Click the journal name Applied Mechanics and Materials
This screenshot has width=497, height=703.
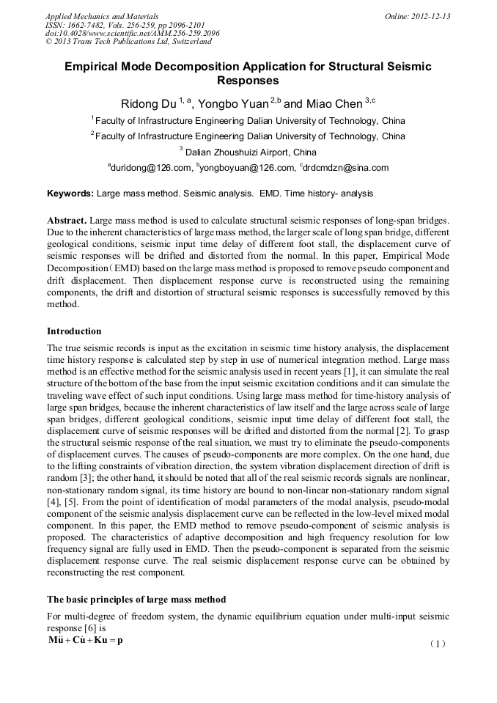click(102, 16)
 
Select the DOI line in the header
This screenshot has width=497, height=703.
click(132, 33)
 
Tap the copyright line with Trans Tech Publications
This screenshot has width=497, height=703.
click(128, 42)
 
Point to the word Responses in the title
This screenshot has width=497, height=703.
click(248, 81)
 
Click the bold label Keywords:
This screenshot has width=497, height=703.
click(70, 194)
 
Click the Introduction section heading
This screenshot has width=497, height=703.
click(74, 331)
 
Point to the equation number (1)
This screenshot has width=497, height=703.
click(438, 644)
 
